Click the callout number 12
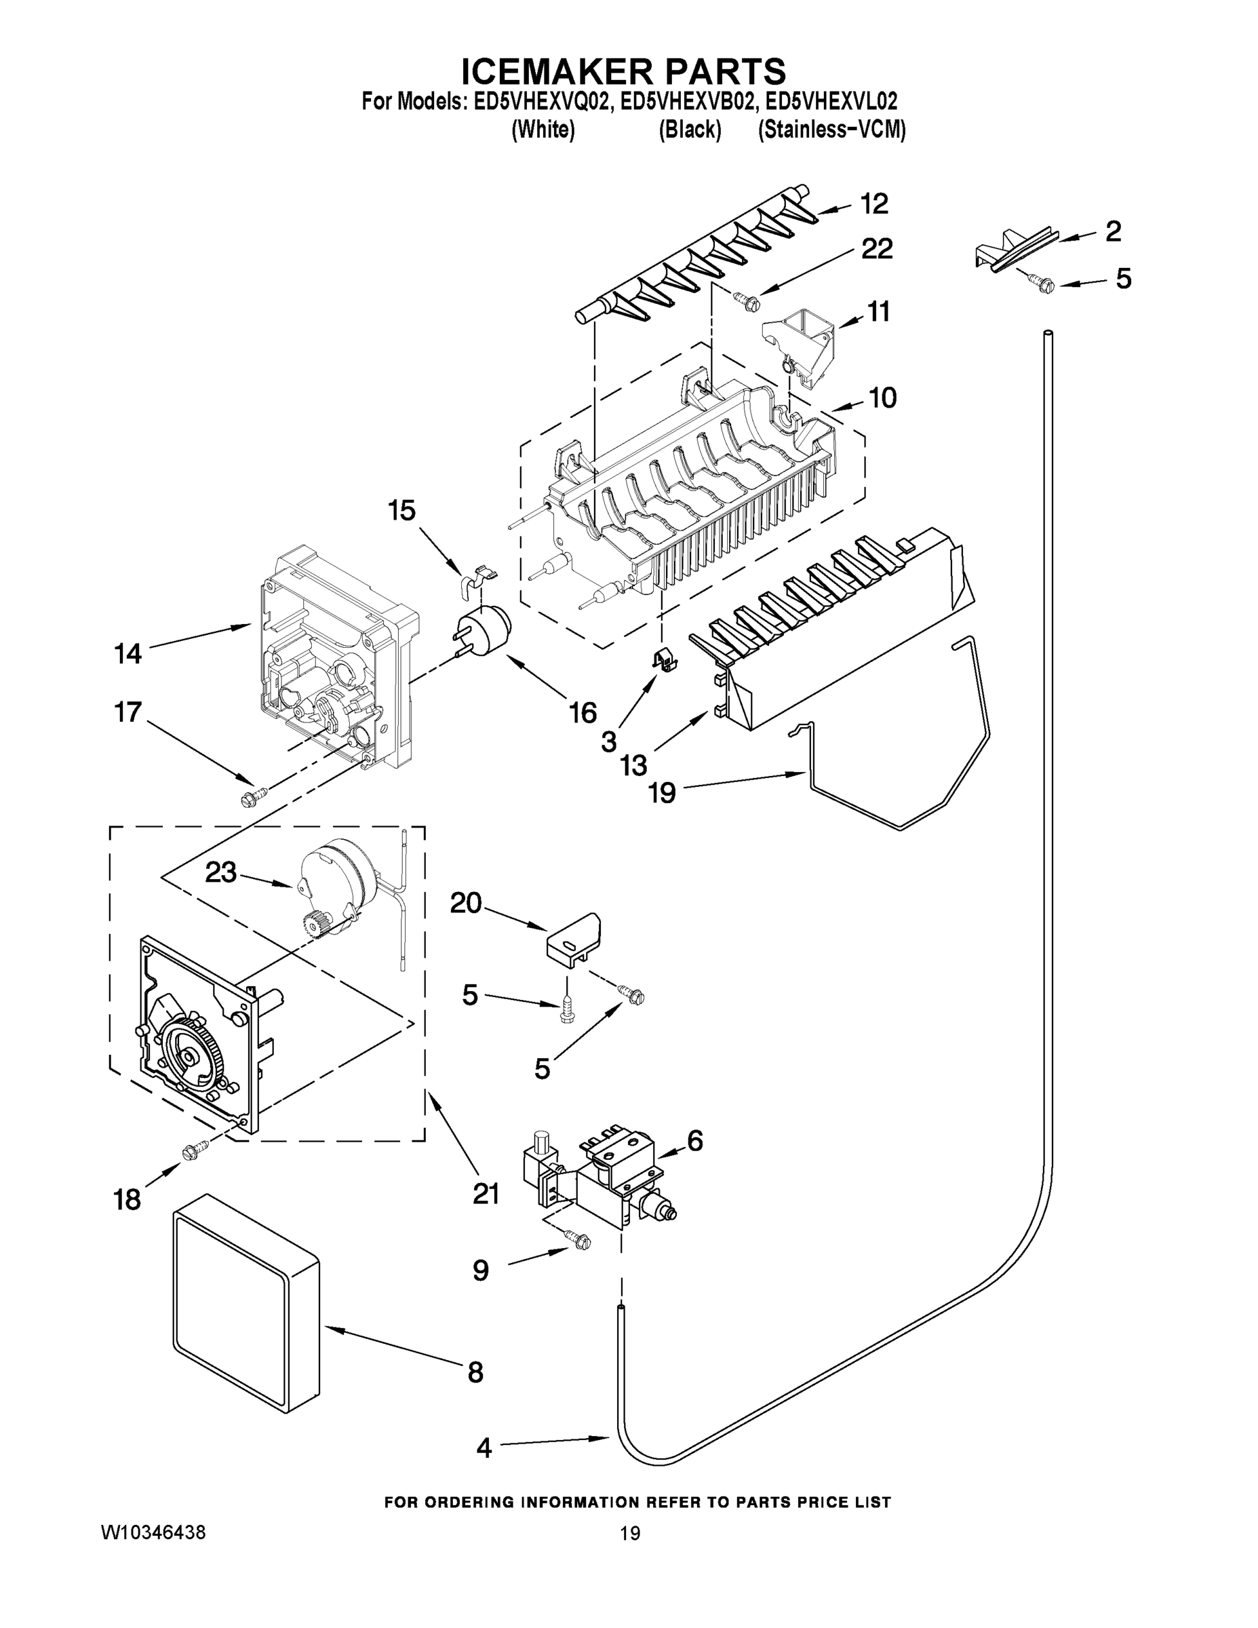tap(874, 203)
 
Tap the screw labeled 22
tap(746, 301)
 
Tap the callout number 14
tap(127, 654)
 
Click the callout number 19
tap(662, 792)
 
